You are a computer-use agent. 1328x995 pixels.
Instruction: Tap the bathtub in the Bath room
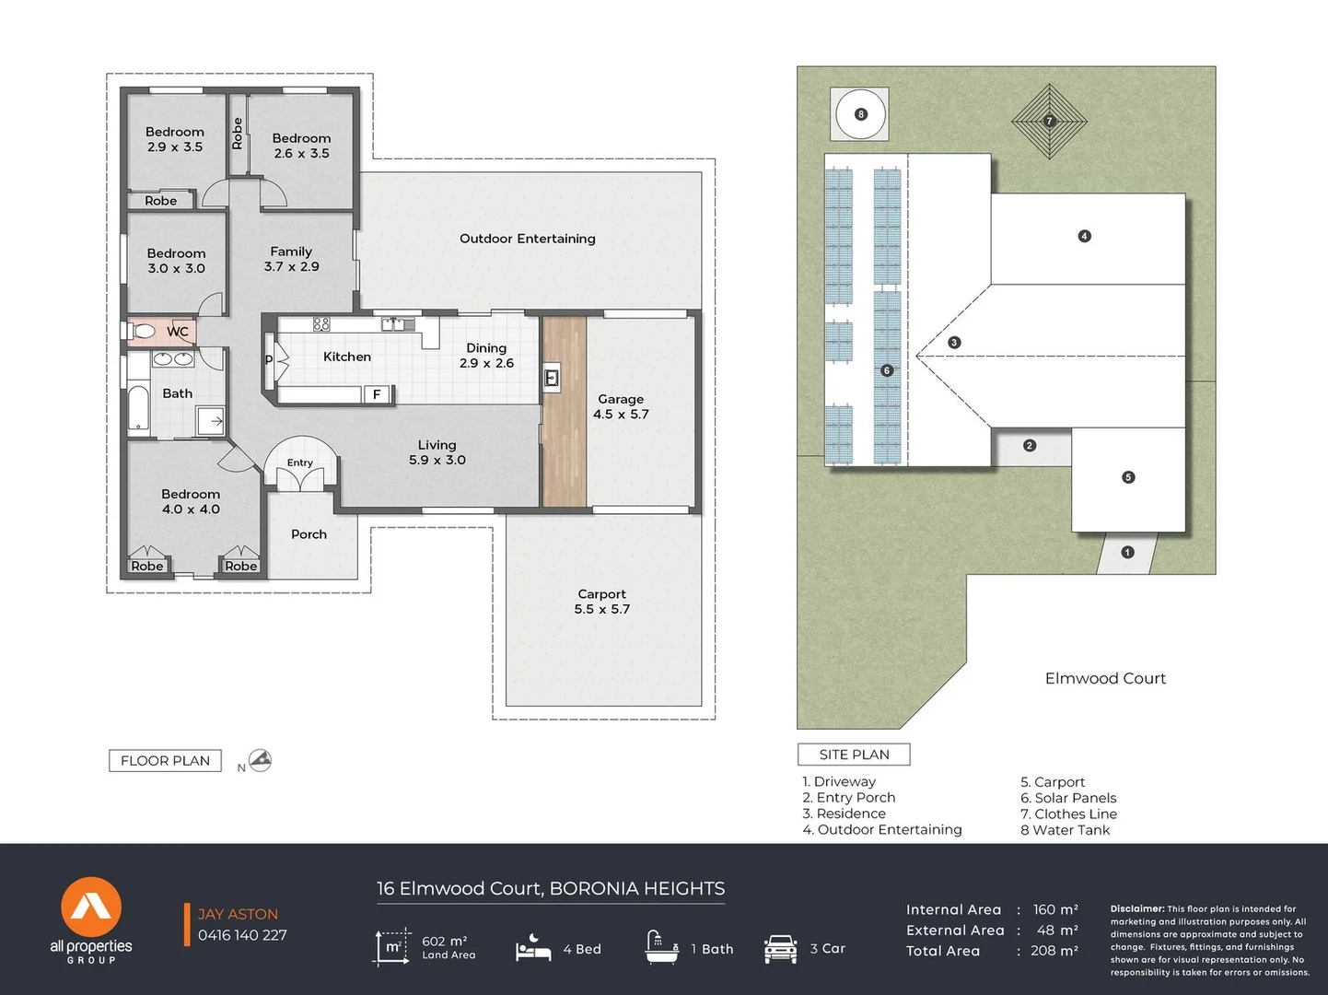point(138,409)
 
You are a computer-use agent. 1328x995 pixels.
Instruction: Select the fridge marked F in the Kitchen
point(377,394)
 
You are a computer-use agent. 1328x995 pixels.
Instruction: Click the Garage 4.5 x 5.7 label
point(621,406)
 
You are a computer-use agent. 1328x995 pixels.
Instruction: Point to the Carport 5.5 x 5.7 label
point(602,602)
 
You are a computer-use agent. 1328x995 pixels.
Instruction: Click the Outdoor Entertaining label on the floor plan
point(528,239)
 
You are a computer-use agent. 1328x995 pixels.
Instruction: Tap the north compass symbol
point(260,760)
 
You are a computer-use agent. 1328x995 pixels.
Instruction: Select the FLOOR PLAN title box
point(165,761)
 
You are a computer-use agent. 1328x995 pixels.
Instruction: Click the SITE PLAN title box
point(855,755)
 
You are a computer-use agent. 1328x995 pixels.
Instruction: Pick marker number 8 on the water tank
point(861,114)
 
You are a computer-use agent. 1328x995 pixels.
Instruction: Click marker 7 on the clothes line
point(1050,121)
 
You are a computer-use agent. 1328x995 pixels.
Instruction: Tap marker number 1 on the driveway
point(1127,552)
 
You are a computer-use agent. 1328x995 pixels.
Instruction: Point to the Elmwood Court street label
point(1105,678)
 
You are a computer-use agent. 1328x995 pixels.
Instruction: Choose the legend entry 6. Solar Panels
point(1068,798)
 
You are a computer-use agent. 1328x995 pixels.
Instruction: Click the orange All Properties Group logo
point(91,907)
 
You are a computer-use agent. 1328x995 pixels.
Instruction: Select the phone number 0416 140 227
point(242,935)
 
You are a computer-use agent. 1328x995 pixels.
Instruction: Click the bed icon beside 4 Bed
point(533,948)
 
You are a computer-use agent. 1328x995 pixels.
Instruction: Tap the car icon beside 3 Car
point(780,948)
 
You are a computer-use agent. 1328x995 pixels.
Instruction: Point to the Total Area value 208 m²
point(1054,951)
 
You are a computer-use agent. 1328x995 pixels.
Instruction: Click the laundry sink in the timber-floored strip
point(551,379)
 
